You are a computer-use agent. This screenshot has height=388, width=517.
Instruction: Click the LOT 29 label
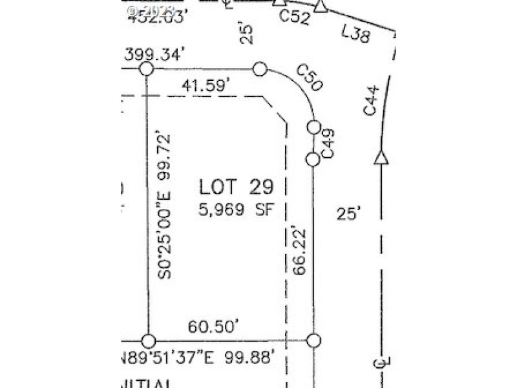tap(236, 187)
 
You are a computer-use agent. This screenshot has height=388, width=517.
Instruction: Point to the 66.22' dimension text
tap(299, 250)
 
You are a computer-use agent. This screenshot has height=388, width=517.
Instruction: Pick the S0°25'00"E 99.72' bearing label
tap(167, 205)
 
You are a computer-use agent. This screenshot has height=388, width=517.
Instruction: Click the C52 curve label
tap(294, 17)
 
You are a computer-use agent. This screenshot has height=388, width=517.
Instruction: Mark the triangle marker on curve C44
tap(381, 157)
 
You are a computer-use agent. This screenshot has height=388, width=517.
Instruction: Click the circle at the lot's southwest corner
tap(149, 341)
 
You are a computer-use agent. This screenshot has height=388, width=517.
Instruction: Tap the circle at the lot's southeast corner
tap(313, 341)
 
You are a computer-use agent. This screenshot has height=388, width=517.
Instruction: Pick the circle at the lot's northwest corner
tap(147, 69)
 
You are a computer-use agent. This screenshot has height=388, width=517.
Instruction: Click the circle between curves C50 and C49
tap(313, 127)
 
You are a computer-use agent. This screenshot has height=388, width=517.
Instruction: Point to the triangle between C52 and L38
tap(321, 6)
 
